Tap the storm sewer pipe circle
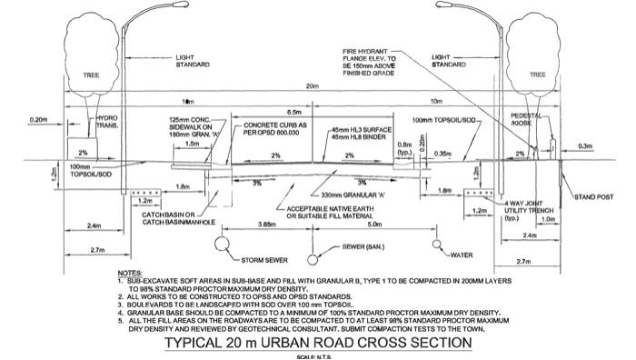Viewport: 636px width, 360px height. coord(222,244)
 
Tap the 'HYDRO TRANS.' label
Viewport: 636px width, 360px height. coord(107,123)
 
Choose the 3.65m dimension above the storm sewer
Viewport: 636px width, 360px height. coord(266,222)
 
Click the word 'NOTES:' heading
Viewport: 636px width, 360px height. coord(131,273)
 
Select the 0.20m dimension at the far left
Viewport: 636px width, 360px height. coord(38,120)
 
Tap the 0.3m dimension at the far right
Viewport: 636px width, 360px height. coord(584,145)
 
